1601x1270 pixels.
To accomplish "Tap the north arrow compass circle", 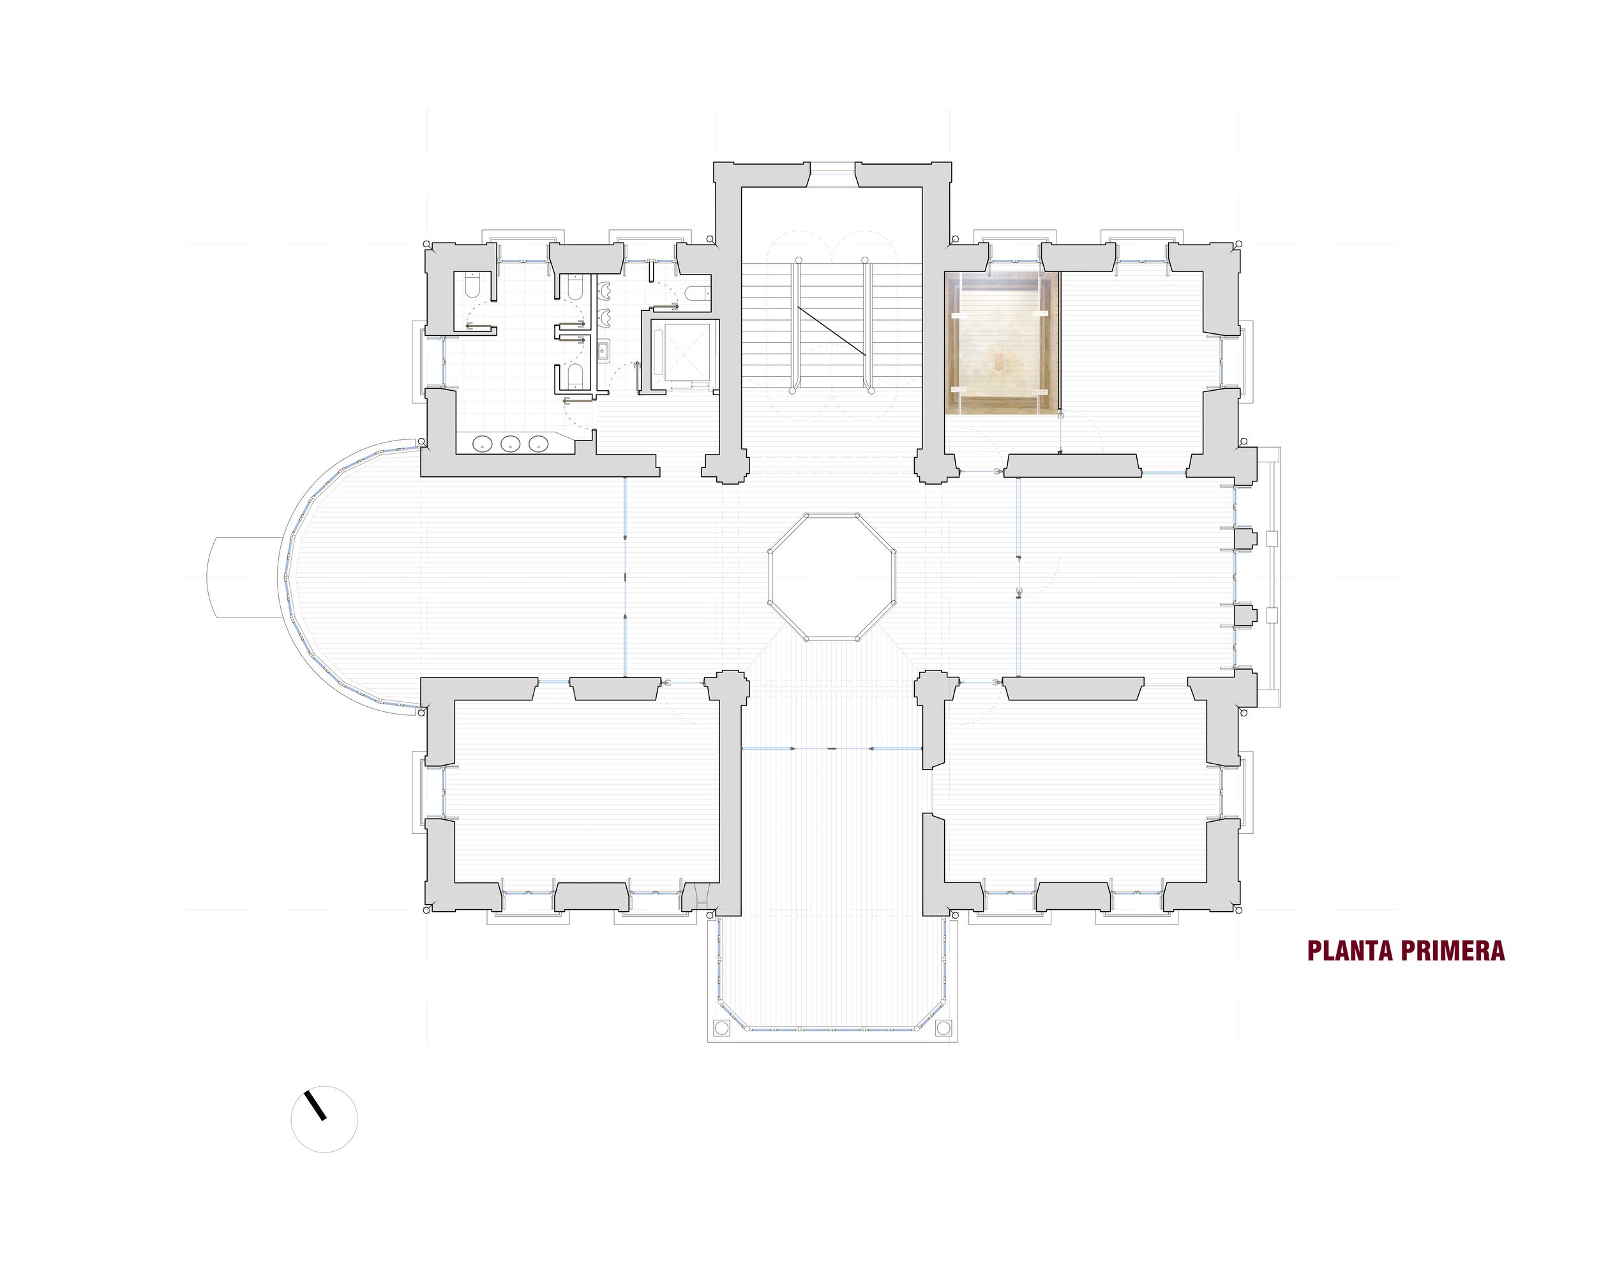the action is tap(324, 1119).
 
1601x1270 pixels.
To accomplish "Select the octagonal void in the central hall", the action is tap(832, 577).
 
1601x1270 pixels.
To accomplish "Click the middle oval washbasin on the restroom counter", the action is tap(510, 444).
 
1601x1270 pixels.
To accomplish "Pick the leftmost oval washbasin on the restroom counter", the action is tap(483, 444).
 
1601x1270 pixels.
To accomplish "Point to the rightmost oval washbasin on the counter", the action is tap(537, 444).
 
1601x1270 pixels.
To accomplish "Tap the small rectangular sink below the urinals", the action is tap(603, 350).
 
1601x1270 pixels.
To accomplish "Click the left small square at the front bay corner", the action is tap(720, 1028).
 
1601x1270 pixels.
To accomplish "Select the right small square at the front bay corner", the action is tap(943, 1028).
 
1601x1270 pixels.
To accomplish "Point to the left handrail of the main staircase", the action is tap(796, 324).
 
